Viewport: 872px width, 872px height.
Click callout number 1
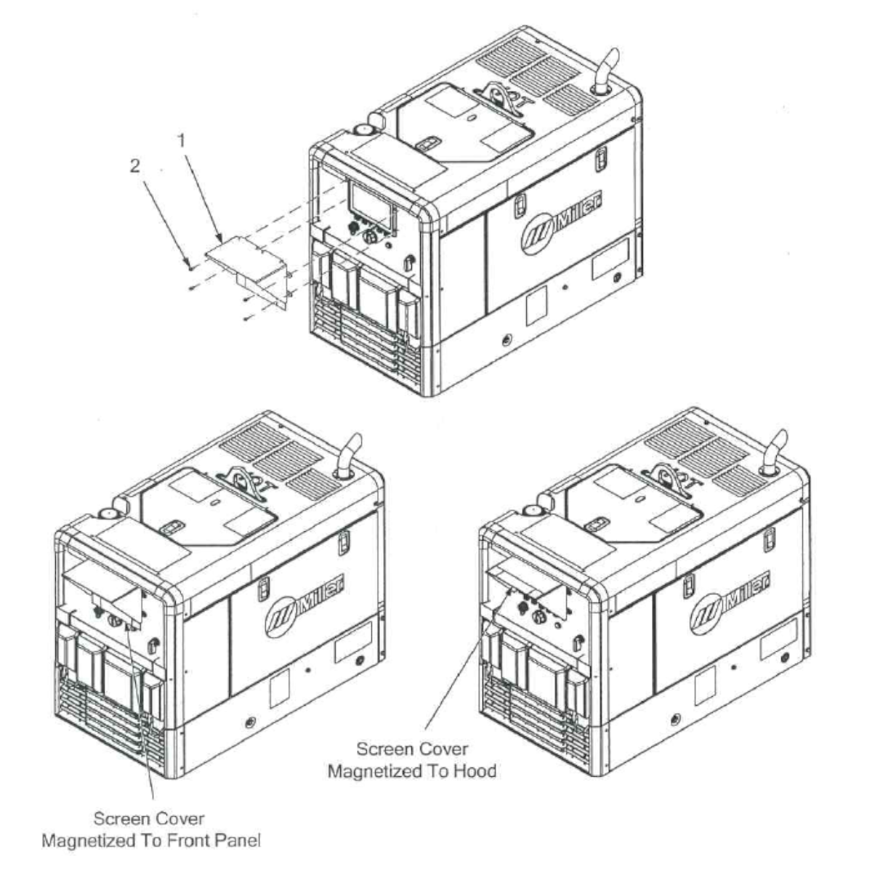[182, 141]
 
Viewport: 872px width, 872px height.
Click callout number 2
[135, 166]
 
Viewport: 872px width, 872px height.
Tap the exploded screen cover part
[246, 273]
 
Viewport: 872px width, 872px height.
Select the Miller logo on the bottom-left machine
[304, 606]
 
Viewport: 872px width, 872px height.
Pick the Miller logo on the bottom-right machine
[729, 602]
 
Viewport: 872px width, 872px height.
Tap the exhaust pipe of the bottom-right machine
[773, 452]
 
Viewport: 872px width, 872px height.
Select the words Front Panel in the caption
[214, 841]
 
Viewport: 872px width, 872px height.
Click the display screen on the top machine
[370, 202]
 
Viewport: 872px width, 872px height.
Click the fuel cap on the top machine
[362, 130]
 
